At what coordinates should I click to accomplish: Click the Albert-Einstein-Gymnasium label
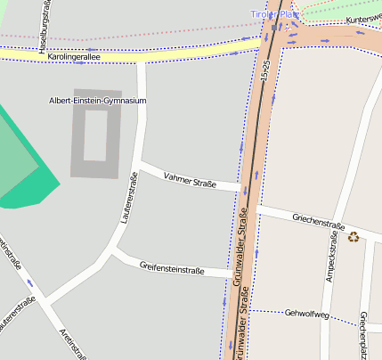(98, 101)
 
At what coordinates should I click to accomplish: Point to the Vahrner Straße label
(191, 179)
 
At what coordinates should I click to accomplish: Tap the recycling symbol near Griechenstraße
(354, 237)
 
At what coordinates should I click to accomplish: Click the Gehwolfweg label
(307, 314)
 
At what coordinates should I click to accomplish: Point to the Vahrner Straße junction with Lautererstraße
(140, 166)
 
